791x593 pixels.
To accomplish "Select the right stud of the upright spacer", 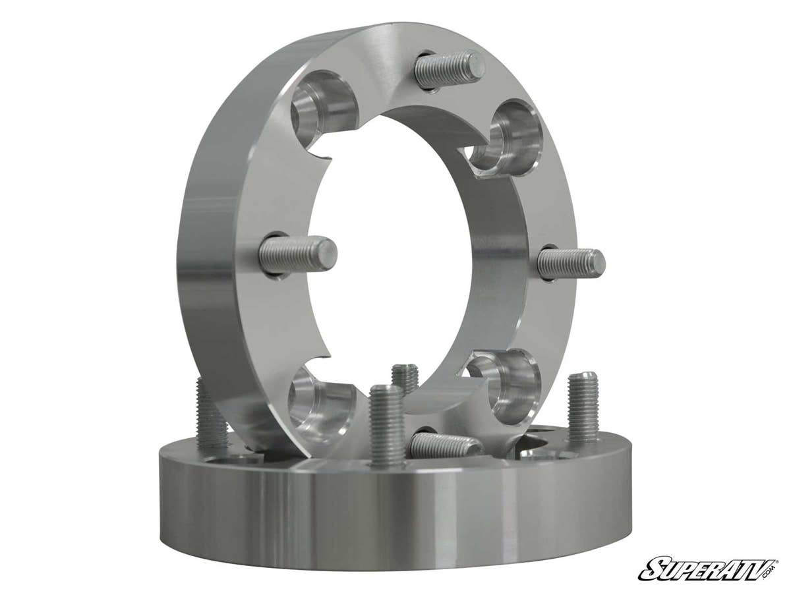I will click(571, 264).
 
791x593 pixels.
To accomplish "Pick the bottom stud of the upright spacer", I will click(446, 445).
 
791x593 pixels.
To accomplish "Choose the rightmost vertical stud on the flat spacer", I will click(583, 406).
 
